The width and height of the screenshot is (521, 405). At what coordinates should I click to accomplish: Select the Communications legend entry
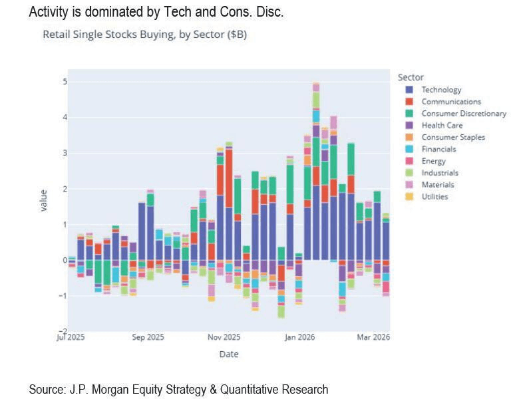coord(450,102)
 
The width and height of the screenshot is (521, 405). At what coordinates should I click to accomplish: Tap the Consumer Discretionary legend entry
coord(464,114)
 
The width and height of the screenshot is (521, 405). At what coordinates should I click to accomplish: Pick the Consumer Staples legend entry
coord(452,138)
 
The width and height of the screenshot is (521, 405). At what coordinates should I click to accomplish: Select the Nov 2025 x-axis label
coord(224,337)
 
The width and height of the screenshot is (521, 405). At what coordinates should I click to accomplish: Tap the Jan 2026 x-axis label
coord(301,337)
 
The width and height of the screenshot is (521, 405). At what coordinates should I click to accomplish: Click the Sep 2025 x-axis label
coord(148,337)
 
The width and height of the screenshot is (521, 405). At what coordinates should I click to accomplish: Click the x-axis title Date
coord(229,354)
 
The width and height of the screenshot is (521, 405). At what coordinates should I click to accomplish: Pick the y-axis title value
coord(43,200)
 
